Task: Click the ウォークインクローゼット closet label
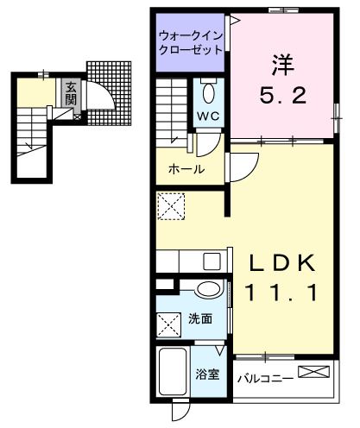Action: [x=191, y=42]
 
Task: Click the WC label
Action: [x=207, y=116]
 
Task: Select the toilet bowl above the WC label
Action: [x=207, y=92]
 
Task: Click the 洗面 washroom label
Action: [x=201, y=318]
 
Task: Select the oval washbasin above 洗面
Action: [x=208, y=289]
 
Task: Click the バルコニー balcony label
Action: [x=264, y=376]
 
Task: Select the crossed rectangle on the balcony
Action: [x=314, y=372]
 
